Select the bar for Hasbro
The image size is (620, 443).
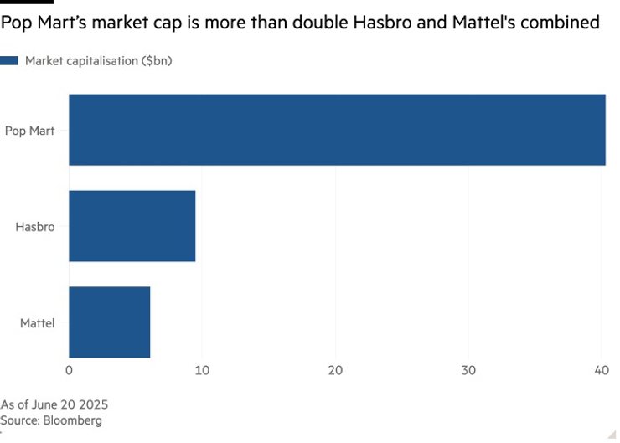(x=132, y=226)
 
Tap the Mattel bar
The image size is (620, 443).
(x=109, y=322)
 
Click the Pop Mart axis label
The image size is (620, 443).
(x=29, y=130)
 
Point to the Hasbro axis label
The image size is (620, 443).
(x=35, y=226)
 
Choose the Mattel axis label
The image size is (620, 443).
(x=37, y=322)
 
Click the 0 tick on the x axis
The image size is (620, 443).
(x=69, y=370)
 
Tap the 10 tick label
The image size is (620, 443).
(x=202, y=370)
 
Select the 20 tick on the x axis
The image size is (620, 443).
(x=335, y=370)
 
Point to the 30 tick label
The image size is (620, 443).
(x=468, y=370)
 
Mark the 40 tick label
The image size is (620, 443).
(x=601, y=370)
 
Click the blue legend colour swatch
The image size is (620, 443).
(x=9, y=60)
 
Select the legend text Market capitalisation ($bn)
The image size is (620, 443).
(x=99, y=60)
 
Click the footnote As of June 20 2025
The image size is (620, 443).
(x=54, y=404)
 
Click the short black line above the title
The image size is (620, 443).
(x=27, y=3)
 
